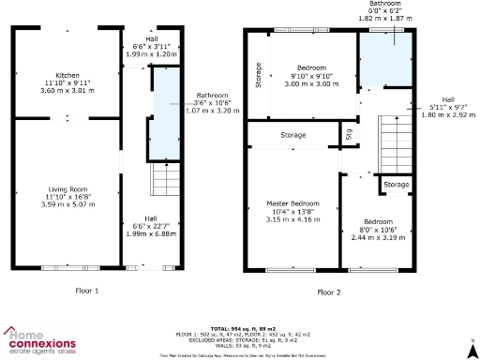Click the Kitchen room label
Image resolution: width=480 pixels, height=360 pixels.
67,75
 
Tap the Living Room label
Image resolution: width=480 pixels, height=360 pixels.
67,189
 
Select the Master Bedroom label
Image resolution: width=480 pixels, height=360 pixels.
292,203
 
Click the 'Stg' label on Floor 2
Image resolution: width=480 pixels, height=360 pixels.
349,133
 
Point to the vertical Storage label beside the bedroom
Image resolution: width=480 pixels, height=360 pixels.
258,75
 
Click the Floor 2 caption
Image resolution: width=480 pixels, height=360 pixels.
329,292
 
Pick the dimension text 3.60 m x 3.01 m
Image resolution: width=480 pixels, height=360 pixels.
67,92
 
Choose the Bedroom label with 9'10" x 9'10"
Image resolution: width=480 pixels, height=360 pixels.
310,68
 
